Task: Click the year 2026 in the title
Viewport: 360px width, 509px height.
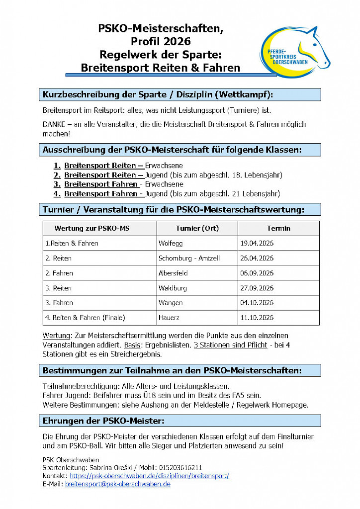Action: (174, 41)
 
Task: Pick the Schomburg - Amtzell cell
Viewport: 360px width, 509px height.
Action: (189, 258)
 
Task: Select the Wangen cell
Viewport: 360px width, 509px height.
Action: (171, 303)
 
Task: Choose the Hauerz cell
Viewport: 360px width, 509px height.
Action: (169, 318)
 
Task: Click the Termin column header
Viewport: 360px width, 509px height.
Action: (278, 229)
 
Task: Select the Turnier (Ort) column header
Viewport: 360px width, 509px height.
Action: (197, 229)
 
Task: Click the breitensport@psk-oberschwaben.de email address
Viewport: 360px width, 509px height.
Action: (118, 484)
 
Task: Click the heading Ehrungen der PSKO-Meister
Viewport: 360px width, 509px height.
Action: (103, 421)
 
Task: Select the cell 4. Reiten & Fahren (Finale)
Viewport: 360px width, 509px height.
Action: (85, 318)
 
